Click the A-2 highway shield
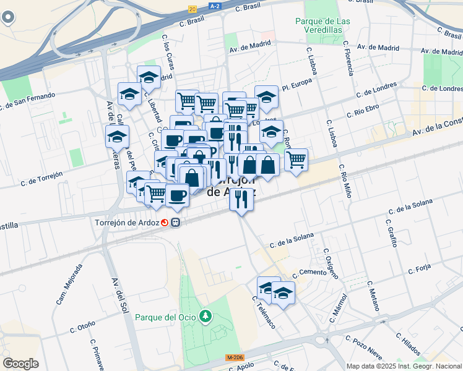pos(215,6)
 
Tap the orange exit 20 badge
pos(193,9)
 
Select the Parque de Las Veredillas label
pos(322,25)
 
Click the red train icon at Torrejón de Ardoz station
pos(165,223)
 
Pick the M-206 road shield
pos(235,357)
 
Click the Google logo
pos(20,363)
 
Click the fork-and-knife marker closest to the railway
pos(241,198)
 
